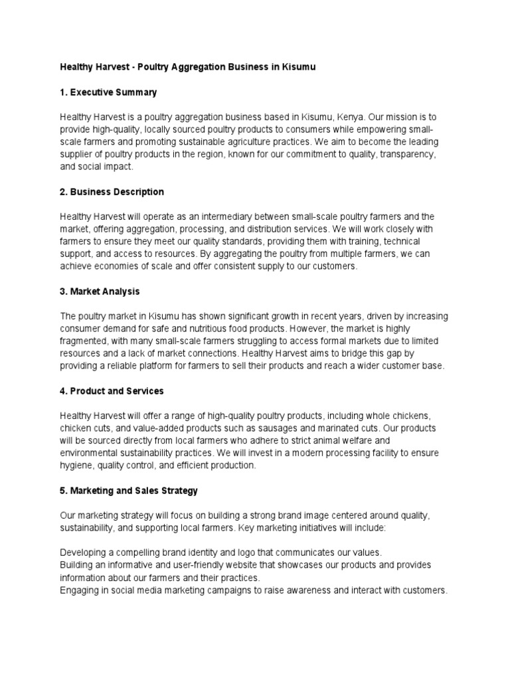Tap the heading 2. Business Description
[x=112, y=192]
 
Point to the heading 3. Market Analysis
[x=100, y=292]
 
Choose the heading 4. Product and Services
[x=112, y=391]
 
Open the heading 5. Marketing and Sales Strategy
[x=129, y=491]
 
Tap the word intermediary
[x=230, y=216]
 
